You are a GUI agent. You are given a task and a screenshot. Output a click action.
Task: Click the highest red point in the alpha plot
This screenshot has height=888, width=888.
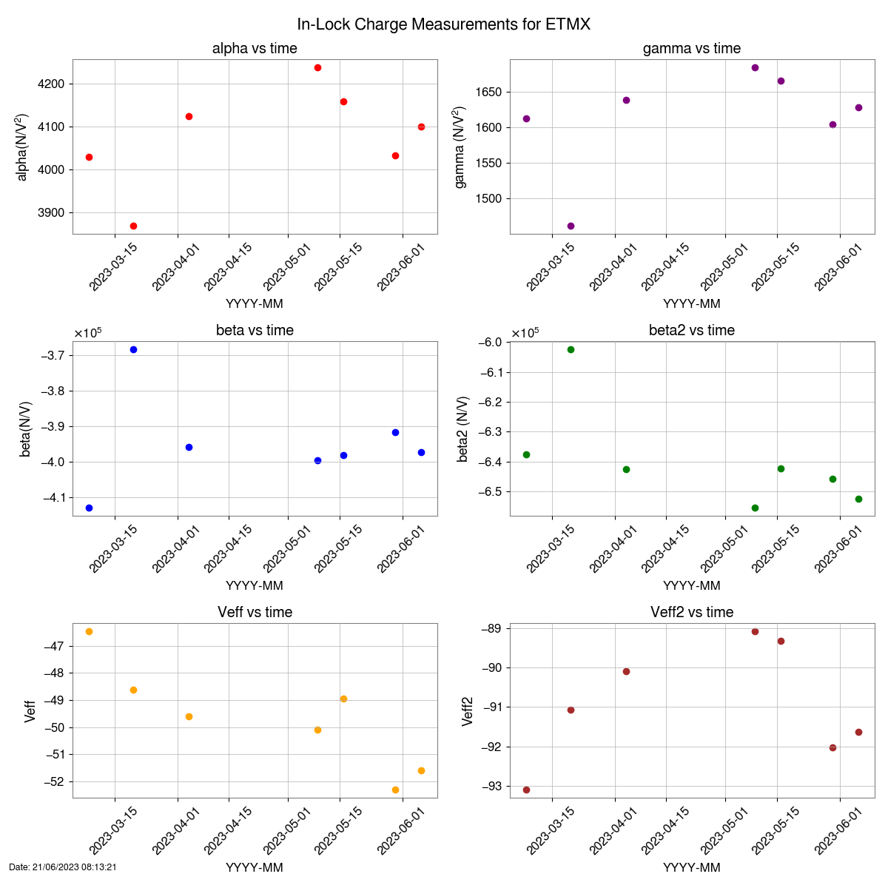click(x=317, y=67)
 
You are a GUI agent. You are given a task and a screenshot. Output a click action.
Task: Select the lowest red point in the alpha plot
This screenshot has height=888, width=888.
click(x=133, y=226)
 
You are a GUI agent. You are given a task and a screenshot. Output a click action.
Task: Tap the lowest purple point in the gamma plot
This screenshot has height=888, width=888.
click(x=571, y=226)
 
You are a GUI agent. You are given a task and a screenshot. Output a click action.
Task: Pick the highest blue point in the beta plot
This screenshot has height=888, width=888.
click(x=133, y=349)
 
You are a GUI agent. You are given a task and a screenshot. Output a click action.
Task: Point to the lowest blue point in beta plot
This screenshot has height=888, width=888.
click(x=89, y=508)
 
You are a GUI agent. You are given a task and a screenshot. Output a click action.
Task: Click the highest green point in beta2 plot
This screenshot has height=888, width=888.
click(x=571, y=349)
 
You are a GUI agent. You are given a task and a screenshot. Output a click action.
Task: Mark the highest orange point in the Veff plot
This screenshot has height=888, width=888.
click(x=89, y=631)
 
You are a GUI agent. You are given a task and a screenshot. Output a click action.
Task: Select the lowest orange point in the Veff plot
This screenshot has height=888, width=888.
click(x=395, y=790)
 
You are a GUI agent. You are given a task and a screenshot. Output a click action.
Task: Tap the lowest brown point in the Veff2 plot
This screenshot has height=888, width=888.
click(x=526, y=790)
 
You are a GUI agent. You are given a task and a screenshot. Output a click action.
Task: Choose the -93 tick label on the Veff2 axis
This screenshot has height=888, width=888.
click(x=492, y=787)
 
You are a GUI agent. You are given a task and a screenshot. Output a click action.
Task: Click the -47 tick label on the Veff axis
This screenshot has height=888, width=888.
click(x=55, y=647)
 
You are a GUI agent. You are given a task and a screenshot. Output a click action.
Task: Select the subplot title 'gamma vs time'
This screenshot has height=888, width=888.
click(x=692, y=49)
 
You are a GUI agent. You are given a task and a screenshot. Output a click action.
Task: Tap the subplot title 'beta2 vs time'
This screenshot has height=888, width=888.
click(x=692, y=331)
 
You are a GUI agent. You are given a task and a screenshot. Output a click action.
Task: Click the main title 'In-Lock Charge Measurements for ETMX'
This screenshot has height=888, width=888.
click(x=444, y=24)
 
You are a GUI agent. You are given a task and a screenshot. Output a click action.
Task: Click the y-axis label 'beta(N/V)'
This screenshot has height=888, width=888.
click(x=26, y=429)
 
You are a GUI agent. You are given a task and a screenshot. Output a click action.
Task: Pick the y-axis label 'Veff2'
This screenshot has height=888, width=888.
click(x=468, y=711)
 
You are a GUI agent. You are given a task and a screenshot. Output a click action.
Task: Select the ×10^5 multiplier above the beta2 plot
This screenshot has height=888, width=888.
click(x=525, y=332)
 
